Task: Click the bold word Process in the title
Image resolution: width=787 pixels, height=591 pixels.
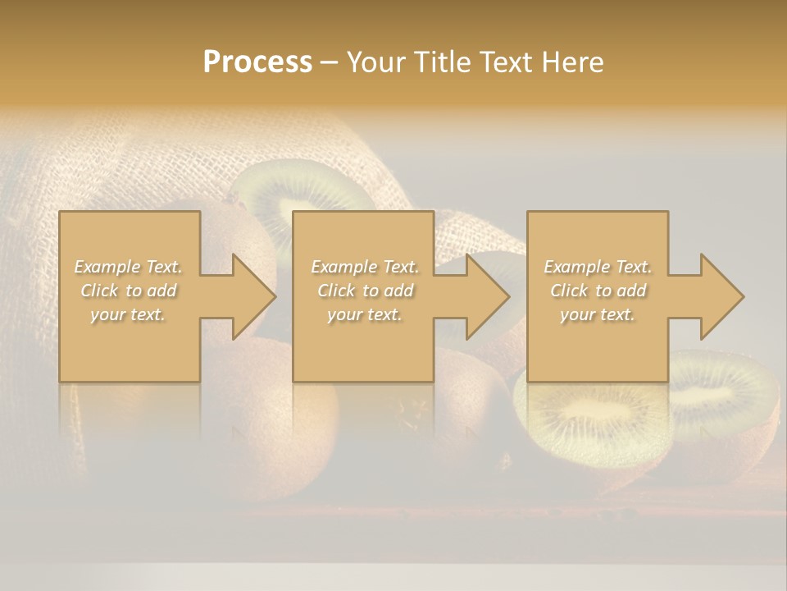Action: coord(257,62)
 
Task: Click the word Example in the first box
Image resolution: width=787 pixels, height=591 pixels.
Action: coord(107,267)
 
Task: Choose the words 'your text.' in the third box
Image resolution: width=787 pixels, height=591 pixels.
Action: coord(598,314)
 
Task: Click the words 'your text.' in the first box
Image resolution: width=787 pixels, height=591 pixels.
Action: coord(128,314)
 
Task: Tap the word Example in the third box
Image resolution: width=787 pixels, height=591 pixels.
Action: coord(576,267)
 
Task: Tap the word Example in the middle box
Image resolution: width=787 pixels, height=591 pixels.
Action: coord(343,267)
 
